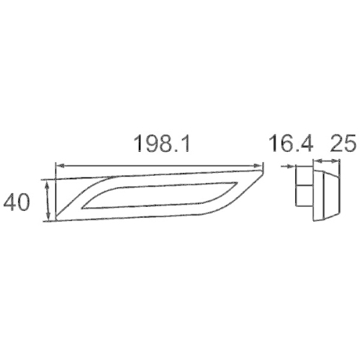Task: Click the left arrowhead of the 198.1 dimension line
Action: tap(58, 165)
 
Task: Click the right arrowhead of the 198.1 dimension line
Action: tap(260, 165)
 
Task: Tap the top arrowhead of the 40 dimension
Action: tap(48, 184)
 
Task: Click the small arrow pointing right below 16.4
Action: tap(289, 164)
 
